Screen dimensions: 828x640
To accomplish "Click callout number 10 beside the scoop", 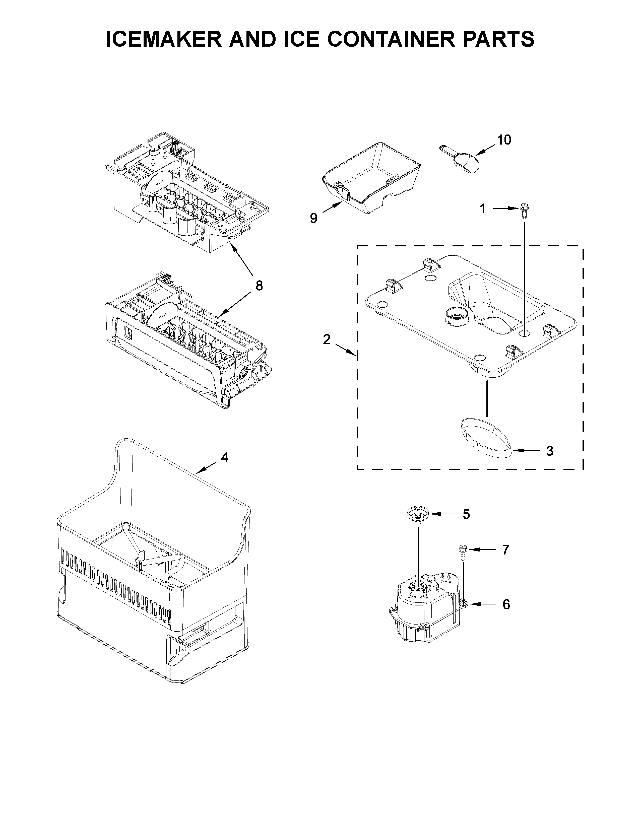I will tap(504, 140).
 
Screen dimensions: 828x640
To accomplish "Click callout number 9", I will tap(313, 218).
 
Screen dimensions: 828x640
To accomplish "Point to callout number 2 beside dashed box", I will tap(327, 339).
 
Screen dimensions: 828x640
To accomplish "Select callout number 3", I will tap(549, 451).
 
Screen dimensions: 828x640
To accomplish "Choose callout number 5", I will tap(466, 514).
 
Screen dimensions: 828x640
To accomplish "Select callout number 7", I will tap(505, 550).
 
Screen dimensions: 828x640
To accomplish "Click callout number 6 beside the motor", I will tap(506, 604).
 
